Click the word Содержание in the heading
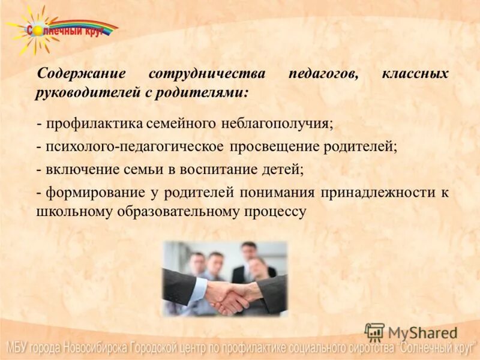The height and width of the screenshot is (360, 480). pos(81,74)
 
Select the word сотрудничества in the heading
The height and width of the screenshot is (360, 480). pos(207,74)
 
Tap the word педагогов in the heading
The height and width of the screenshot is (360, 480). pos(323,74)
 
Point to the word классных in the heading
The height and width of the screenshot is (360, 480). pos(415,74)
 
